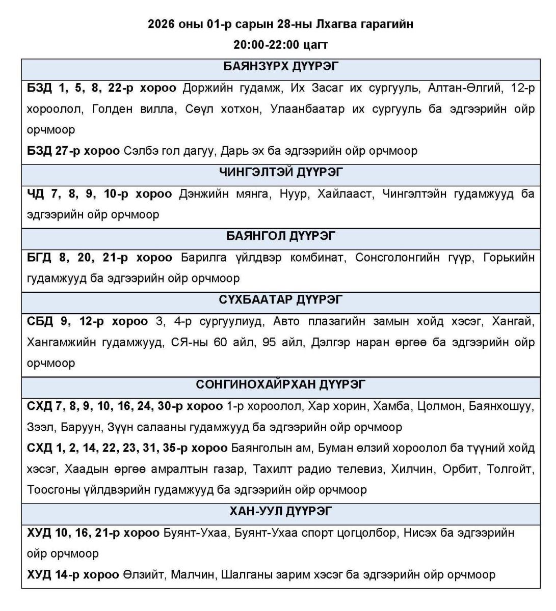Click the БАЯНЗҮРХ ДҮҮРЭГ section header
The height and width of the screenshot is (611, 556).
pyautogui.click(x=281, y=66)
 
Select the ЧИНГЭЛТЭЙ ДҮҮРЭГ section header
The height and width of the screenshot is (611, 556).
pyautogui.click(x=281, y=172)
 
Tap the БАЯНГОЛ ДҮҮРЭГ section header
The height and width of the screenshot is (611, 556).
pyautogui.click(x=281, y=236)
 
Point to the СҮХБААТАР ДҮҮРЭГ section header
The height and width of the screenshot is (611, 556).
pyautogui.click(x=281, y=299)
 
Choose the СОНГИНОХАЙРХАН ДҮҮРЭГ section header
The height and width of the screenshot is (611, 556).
pyautogui.click(x=281, y=384)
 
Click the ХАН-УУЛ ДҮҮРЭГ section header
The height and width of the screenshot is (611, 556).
pyautogui.click(x=281, y=511)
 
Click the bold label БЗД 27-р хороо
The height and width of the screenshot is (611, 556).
pyautogui.click(x=73, y=151)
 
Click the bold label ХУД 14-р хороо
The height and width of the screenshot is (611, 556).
pyautogui.click(x=73, y=575)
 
